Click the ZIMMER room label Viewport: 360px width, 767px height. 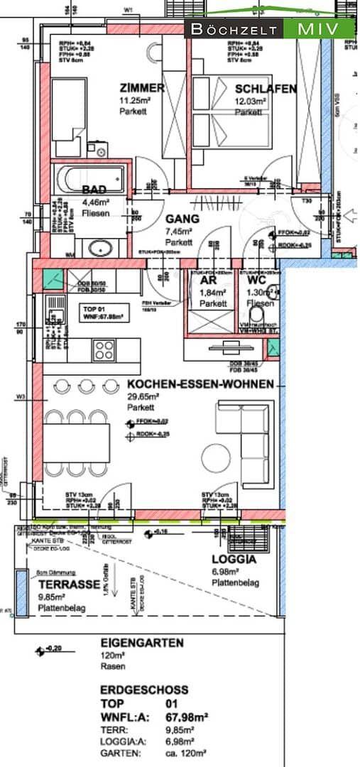tap(142, 88)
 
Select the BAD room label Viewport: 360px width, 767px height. tap(95, 190)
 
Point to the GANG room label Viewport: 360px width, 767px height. tap(180, 219)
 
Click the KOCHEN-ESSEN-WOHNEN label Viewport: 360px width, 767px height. tap(200, 383)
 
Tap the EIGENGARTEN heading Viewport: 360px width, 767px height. tap(142, 643)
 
